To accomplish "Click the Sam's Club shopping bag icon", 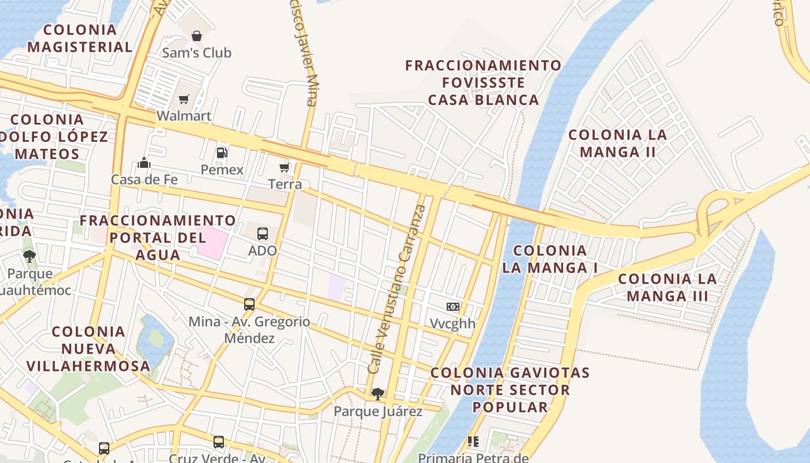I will [197, 36].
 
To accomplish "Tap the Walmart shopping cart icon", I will [184, 100].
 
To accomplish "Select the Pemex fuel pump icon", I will [222, 153].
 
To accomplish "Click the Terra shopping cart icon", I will [285, 168].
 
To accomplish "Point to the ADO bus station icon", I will [263, 234].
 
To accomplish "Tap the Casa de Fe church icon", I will [145, 163].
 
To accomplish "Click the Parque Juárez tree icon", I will [378, 394].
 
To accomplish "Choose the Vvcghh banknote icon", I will [452, 307].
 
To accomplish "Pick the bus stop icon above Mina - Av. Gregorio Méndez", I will [249, 304].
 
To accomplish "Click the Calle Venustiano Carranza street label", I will [397, 289].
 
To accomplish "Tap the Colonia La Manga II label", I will [617, 144].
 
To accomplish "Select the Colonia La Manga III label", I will [667, 288].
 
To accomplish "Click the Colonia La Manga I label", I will [550, 259].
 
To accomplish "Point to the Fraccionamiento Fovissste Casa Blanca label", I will [483, 83].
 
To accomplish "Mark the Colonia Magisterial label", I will [80, 38].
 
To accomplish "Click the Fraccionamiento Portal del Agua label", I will [158, 237].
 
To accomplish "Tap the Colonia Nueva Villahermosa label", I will [89, 348].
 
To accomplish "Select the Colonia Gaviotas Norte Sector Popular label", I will [510, 389].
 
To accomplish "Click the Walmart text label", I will [184, 116].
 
